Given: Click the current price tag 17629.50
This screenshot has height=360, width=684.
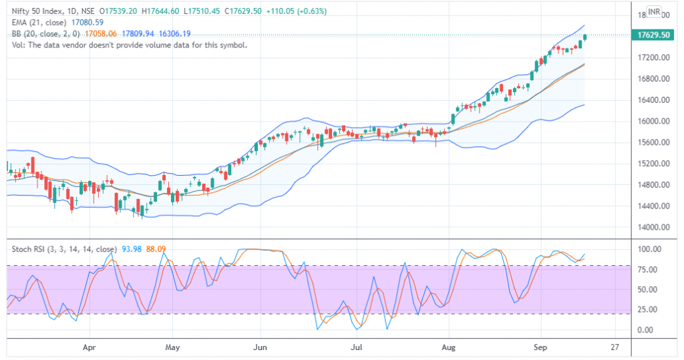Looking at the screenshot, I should point(654,35).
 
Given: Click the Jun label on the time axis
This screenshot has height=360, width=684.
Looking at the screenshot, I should point(261,348).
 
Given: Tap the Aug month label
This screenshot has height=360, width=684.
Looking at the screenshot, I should point(450,348).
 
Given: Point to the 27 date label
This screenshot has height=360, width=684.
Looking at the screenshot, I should point(615,348).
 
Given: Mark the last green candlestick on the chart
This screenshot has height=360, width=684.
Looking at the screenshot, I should point(585,37).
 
